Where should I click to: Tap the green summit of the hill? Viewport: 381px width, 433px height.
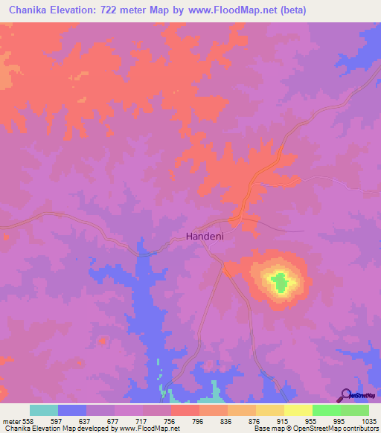(x=279, y=283)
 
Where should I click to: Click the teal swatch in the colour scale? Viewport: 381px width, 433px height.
(x=44, y=410)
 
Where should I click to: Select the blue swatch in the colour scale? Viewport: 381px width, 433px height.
(x=72, y=410)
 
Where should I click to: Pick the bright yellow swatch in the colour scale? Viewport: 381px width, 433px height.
(x=298, y=410)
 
